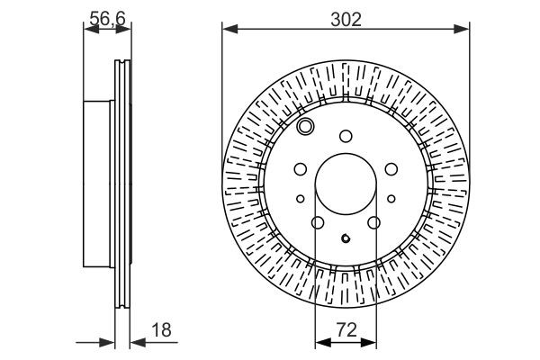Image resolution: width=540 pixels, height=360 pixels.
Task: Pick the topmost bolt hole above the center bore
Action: coord(346,136)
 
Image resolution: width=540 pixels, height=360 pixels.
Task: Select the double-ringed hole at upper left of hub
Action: coord(306,126)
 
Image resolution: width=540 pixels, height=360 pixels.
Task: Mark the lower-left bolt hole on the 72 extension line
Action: coord(318,222)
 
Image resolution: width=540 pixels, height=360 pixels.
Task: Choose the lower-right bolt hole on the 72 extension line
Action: coord(373,222)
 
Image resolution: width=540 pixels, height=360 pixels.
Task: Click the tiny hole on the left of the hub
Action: coord(301,198)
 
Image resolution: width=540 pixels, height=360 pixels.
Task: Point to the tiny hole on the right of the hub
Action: coord(391,198)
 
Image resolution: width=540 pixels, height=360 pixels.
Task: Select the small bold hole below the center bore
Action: coord(346,238)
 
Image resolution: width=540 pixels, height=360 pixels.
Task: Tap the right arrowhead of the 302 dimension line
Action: coord(464,30)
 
